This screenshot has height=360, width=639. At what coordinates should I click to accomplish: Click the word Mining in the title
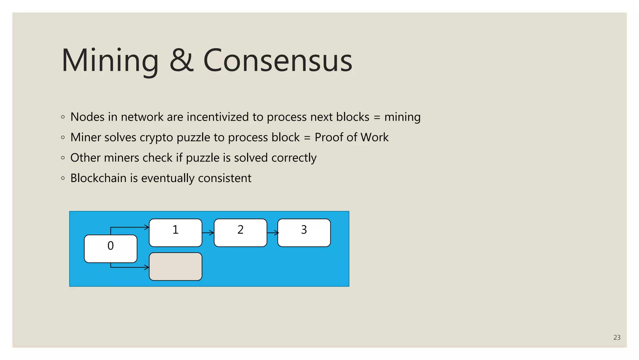point(110,61)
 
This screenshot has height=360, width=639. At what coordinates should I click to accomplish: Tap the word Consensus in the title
point(278,61)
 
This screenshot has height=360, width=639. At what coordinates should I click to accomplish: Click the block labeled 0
point(110,249)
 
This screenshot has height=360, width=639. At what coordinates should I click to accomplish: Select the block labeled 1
point(175,233)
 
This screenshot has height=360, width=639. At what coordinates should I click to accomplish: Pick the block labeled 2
point(240,233)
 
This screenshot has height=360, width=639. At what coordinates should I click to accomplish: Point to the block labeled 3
point(304,233)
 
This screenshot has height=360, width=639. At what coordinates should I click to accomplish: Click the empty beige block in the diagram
point(175,267)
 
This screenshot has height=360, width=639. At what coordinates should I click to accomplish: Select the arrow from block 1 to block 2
point(208,233)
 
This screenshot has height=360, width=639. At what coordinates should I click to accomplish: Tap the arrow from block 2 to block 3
point(272,233)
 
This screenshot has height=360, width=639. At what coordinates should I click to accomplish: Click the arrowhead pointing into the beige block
point(146,267)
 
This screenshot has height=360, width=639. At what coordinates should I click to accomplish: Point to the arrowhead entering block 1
point(146,227)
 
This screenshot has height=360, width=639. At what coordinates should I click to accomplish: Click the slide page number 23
point(617,337)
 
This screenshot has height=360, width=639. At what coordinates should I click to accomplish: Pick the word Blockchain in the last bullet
point(98,178)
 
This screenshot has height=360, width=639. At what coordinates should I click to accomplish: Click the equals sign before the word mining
point(377,117)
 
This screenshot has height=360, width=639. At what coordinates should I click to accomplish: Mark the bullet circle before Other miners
point(63,158)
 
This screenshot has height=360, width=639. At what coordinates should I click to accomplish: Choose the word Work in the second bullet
point(374,137)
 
